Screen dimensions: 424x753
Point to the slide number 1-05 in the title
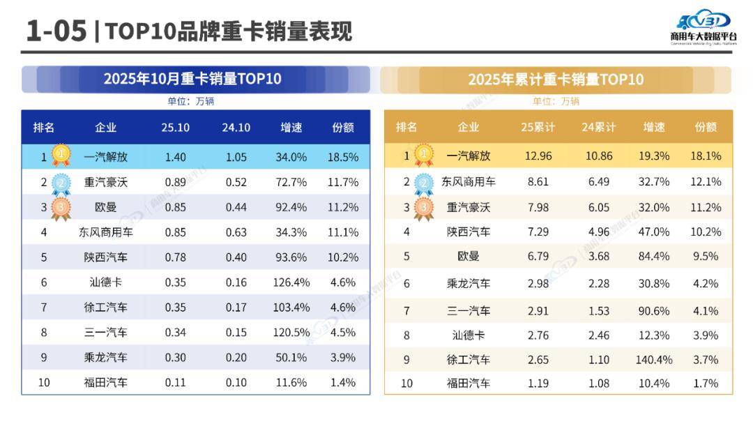(56, 31)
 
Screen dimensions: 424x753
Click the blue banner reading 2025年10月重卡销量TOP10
(193, 79)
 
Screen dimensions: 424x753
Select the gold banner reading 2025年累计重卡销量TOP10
(556, 79)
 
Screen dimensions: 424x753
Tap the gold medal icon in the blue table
(61, 156)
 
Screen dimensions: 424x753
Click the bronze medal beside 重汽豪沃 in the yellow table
(424, 207)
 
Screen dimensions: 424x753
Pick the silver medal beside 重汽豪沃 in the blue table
(61, 183)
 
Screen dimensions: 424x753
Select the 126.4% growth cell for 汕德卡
(291, 282)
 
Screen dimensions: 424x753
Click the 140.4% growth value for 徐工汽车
(653, 359)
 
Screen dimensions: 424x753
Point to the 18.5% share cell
(343, 157)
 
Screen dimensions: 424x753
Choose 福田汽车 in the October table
(105, 382)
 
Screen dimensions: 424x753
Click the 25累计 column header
(538, 127)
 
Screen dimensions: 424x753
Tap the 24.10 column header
(236, 127)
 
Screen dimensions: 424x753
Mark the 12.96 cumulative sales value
(538, 156)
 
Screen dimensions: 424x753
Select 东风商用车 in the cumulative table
(469, 182)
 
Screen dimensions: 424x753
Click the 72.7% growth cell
(291, 182)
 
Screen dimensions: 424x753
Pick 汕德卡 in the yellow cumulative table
(469, 335)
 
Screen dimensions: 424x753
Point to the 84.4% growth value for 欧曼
(653, 257)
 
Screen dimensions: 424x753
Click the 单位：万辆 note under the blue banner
(190, 101)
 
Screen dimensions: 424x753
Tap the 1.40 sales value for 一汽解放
(176, 157)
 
